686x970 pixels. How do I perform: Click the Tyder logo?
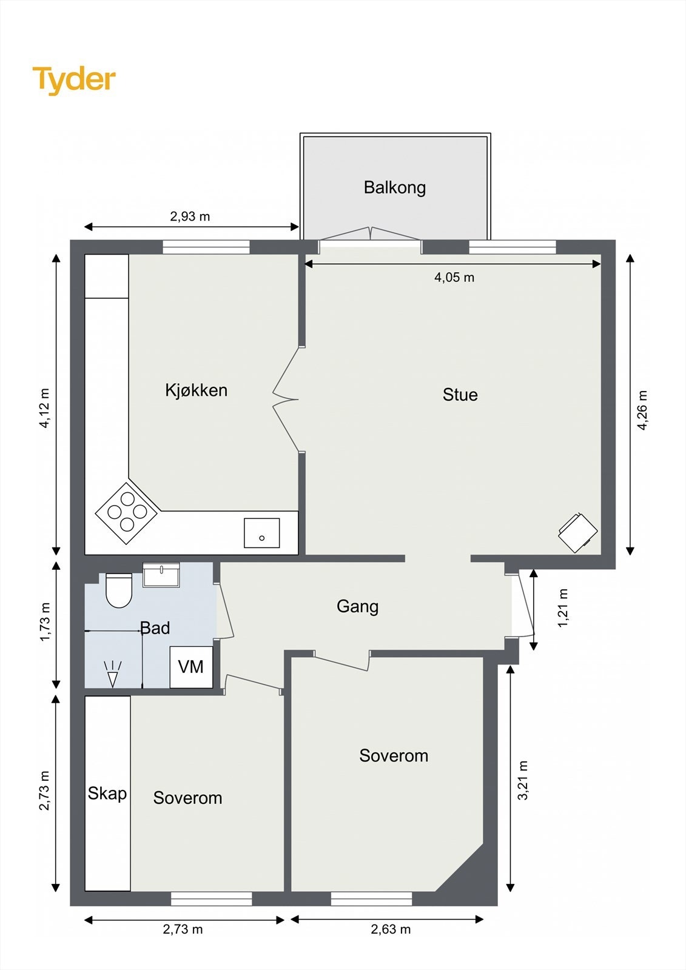pos(74,80)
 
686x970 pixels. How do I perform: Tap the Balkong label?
pos(395,187)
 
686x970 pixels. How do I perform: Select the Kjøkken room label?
pos(197,390)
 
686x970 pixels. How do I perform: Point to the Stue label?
pos(460,395)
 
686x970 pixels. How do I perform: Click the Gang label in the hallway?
pos(357,606)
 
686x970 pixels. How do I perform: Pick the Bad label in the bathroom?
pos(155,628)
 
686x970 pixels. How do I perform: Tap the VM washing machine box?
pos(191,667)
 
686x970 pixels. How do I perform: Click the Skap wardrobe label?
pos(107,794)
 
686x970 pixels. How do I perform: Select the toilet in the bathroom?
pos(119,590)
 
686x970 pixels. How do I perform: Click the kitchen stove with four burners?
pos(127,513)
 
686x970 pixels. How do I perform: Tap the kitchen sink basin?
pos(262,533)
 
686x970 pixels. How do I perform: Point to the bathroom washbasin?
pos(161,575)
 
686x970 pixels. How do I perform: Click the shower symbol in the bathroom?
pos(113,674)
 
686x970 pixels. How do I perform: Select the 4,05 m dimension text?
pos(454,277)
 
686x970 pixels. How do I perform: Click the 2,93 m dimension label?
pos(190,216)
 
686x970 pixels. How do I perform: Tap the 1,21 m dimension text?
pos(562,607)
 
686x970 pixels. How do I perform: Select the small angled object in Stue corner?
pos(578,533)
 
